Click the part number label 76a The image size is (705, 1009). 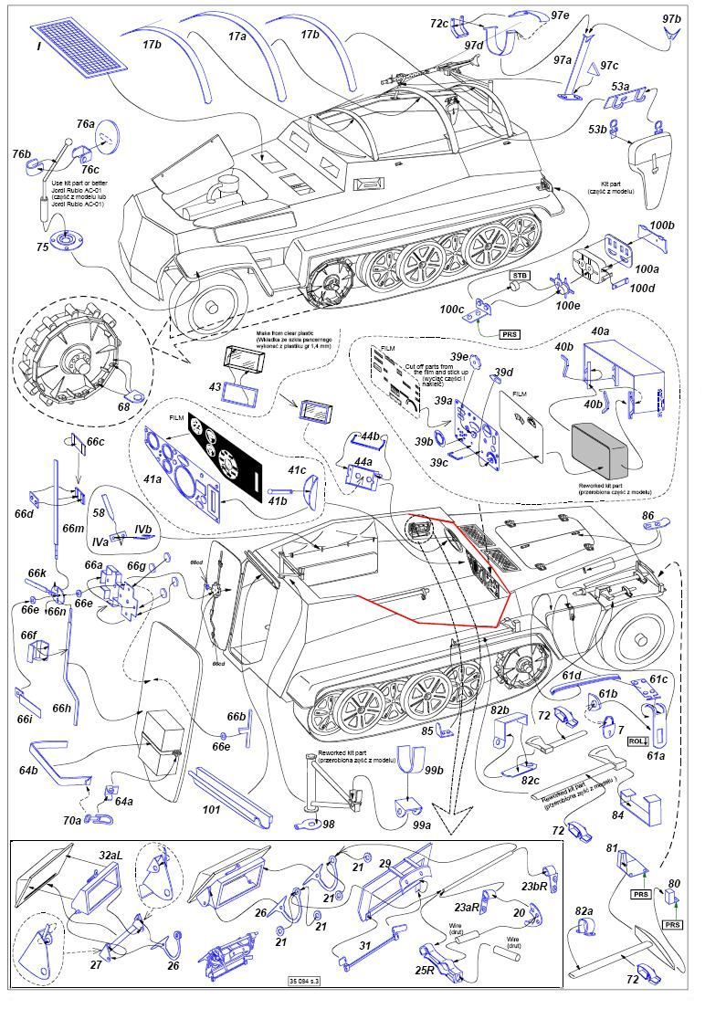click(85, 124)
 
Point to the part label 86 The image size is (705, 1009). click(648, 518)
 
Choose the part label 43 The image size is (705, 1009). click(215, 386)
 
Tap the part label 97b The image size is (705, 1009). click(671, 19)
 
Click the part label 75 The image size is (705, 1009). click(42, 247)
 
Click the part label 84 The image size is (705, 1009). click(618, 815)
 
